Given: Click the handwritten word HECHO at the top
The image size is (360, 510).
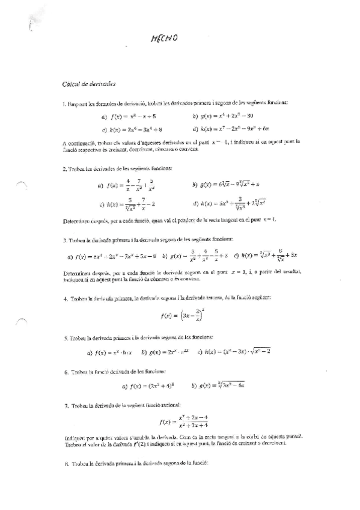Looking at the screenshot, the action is click(165, 40).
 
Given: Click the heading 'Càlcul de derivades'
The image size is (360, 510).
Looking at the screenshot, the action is click(89, 84).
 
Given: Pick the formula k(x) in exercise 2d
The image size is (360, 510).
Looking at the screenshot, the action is click(237, 204).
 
